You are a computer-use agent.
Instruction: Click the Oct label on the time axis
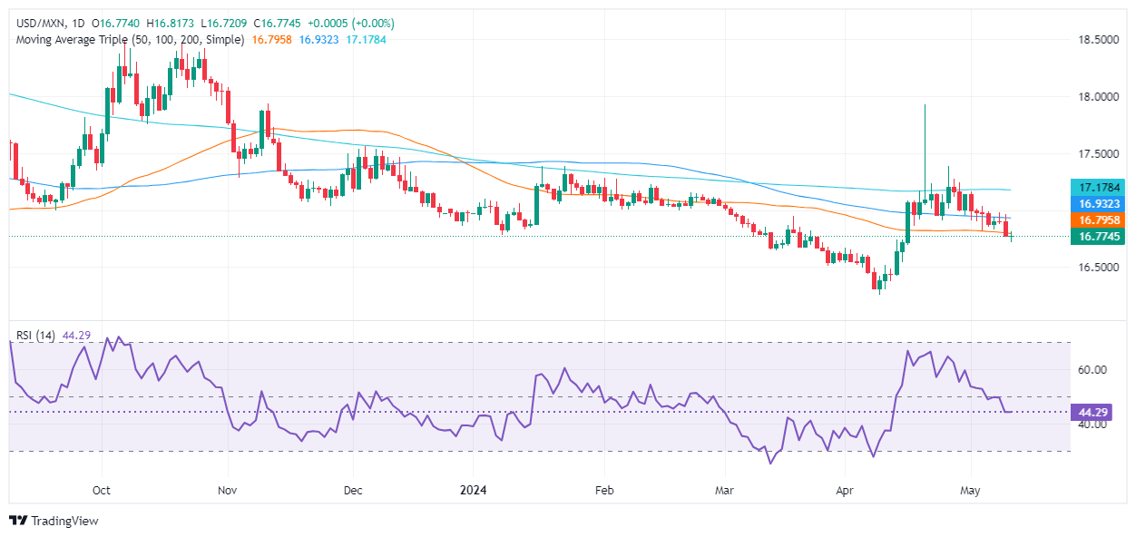tap(101, 490)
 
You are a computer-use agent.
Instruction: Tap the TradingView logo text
tap(64, 521)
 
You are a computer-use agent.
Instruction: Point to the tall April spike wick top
tap(925, 105)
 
